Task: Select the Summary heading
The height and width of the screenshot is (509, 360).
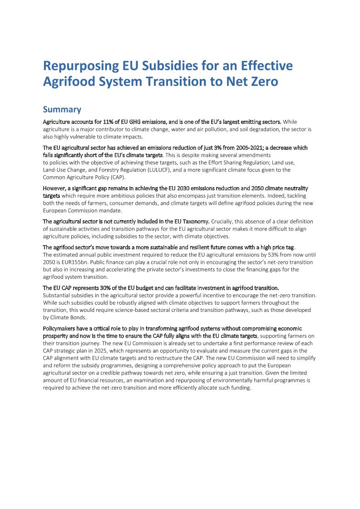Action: point(62,109)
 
